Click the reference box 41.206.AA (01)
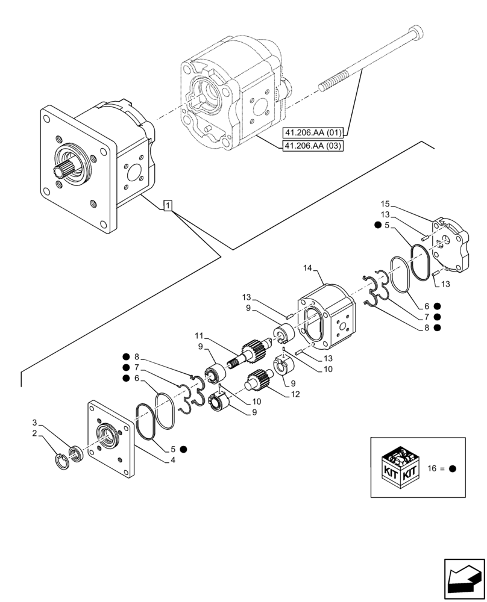[x=312, y=132]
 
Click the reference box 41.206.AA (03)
[x=312, y=146]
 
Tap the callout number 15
[x=386, y=204]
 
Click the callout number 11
[x=200, y=335]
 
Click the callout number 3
[x=34, y=422]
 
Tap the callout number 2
[x=34, y=433]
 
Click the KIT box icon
[x=400, y=467]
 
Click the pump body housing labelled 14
[x=325, y=316]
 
